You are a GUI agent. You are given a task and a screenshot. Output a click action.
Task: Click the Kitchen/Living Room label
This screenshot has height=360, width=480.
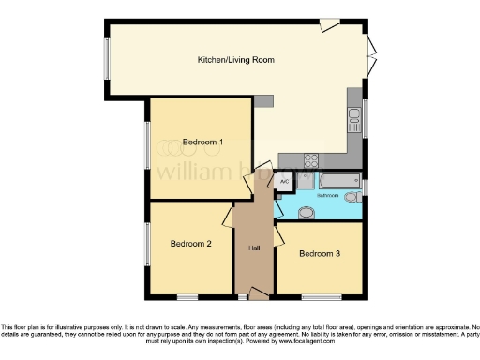point(235,59)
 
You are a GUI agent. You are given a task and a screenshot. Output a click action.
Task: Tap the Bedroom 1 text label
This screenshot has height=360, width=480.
point(202,142)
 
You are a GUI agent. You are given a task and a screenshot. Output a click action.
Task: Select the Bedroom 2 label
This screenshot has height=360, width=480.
point(190,244)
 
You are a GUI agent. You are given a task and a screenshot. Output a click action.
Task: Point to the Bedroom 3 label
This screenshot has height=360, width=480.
point(319,253)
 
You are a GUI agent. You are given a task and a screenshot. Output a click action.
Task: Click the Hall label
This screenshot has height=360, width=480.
point(254,248)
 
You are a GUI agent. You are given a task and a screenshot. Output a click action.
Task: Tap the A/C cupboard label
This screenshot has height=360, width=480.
point(283,181)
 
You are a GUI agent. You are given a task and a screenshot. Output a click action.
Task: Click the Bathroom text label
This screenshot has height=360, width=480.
point(327,196)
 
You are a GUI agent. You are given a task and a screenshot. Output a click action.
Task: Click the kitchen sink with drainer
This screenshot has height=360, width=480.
point(355,117)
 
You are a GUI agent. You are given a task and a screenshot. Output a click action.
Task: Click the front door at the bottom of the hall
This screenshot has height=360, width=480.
point(253,295)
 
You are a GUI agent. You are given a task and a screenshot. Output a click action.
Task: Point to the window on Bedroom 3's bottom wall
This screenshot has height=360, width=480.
point(321,297)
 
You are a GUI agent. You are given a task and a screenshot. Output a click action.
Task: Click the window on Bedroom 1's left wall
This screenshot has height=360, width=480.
point(146,147)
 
